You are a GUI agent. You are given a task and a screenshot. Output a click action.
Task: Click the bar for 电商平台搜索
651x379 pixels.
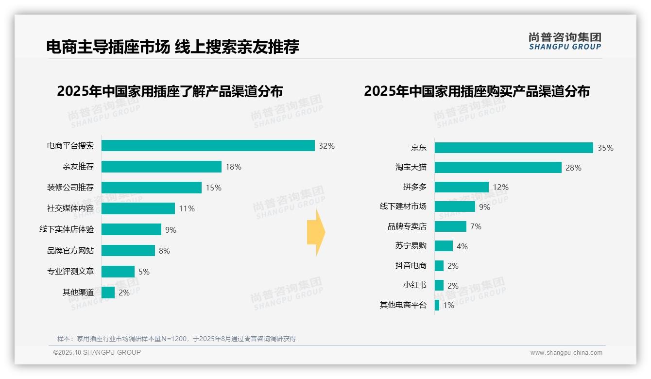click(208, 146)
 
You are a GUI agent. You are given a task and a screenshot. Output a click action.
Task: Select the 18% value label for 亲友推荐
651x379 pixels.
click(233, 167)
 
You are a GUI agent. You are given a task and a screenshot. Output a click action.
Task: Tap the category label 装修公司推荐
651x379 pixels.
click(70, 188)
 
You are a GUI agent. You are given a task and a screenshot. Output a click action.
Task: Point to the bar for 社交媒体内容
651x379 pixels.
click(138, 208)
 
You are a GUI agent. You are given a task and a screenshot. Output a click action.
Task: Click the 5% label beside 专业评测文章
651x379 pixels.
click(144, 272)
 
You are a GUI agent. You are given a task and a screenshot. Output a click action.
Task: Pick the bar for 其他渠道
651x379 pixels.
click(108, 293)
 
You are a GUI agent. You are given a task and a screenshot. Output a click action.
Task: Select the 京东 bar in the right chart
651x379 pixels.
click(514, 148)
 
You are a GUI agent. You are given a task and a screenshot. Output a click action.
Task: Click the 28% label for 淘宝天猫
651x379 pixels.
click(573, 168)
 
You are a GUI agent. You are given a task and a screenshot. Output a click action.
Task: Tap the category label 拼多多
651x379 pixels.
click(414, 187)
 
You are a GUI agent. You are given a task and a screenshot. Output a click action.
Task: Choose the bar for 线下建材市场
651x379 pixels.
click(455, 207)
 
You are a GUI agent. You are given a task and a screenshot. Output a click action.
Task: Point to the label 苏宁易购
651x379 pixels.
click(411, 246)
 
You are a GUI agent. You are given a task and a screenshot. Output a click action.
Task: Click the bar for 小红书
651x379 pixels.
click(439, 285)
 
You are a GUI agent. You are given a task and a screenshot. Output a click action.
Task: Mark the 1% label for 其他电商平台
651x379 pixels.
click(448, 306)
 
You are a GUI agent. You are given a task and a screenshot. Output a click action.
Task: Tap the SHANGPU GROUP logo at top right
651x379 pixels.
click(565, 41)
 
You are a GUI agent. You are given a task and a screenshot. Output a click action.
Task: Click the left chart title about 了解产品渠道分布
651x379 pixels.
click(170, 91)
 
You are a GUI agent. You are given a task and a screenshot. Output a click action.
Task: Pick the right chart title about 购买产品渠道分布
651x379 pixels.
click(477, 91)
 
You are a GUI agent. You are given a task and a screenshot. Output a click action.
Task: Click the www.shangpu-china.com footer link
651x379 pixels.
click(566, 353)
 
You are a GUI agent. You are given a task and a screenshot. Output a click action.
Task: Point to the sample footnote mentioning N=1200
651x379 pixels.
click(176, 339)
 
